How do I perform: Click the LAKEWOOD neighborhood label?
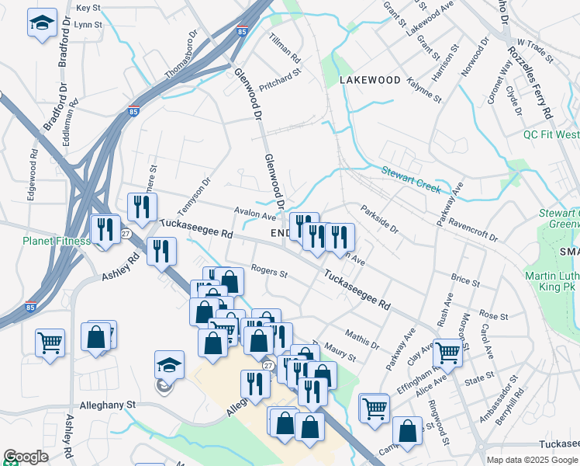point(370,80)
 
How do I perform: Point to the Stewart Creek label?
point(410,179)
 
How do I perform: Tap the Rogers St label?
point(270,273)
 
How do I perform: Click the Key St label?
point(89,8)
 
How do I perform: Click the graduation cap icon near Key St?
point(42,23)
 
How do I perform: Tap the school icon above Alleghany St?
point(168,364)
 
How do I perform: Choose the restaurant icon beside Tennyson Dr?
point(142,206)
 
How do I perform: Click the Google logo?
point(26,457)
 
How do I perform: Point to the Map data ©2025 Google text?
point(531,460)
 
